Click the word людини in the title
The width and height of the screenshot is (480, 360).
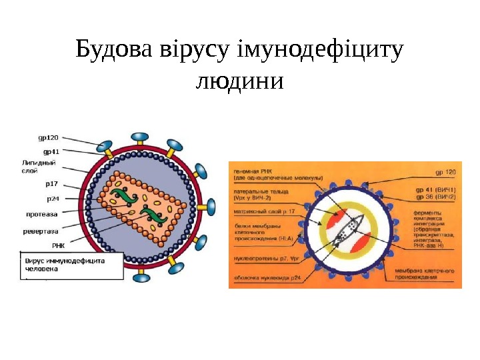[x=239, y=82]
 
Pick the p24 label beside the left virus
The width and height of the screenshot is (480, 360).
[x=52, y=198]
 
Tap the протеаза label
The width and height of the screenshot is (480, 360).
[x=41, y=215]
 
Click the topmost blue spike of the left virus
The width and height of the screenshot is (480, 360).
[x=139, y=137]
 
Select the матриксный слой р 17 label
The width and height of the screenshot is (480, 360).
[x=264, y=211]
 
